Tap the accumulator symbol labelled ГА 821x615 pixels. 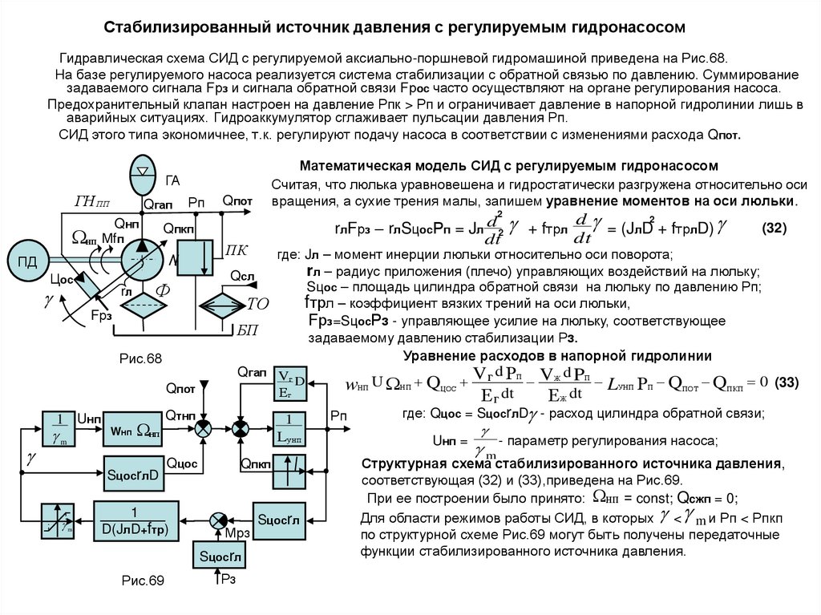(144, 170)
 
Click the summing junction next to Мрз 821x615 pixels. (217, 520)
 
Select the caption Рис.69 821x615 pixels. (142, 580)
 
